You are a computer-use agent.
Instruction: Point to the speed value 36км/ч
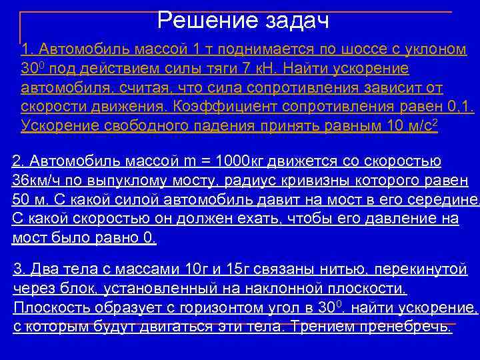click(x=39, y=180)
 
